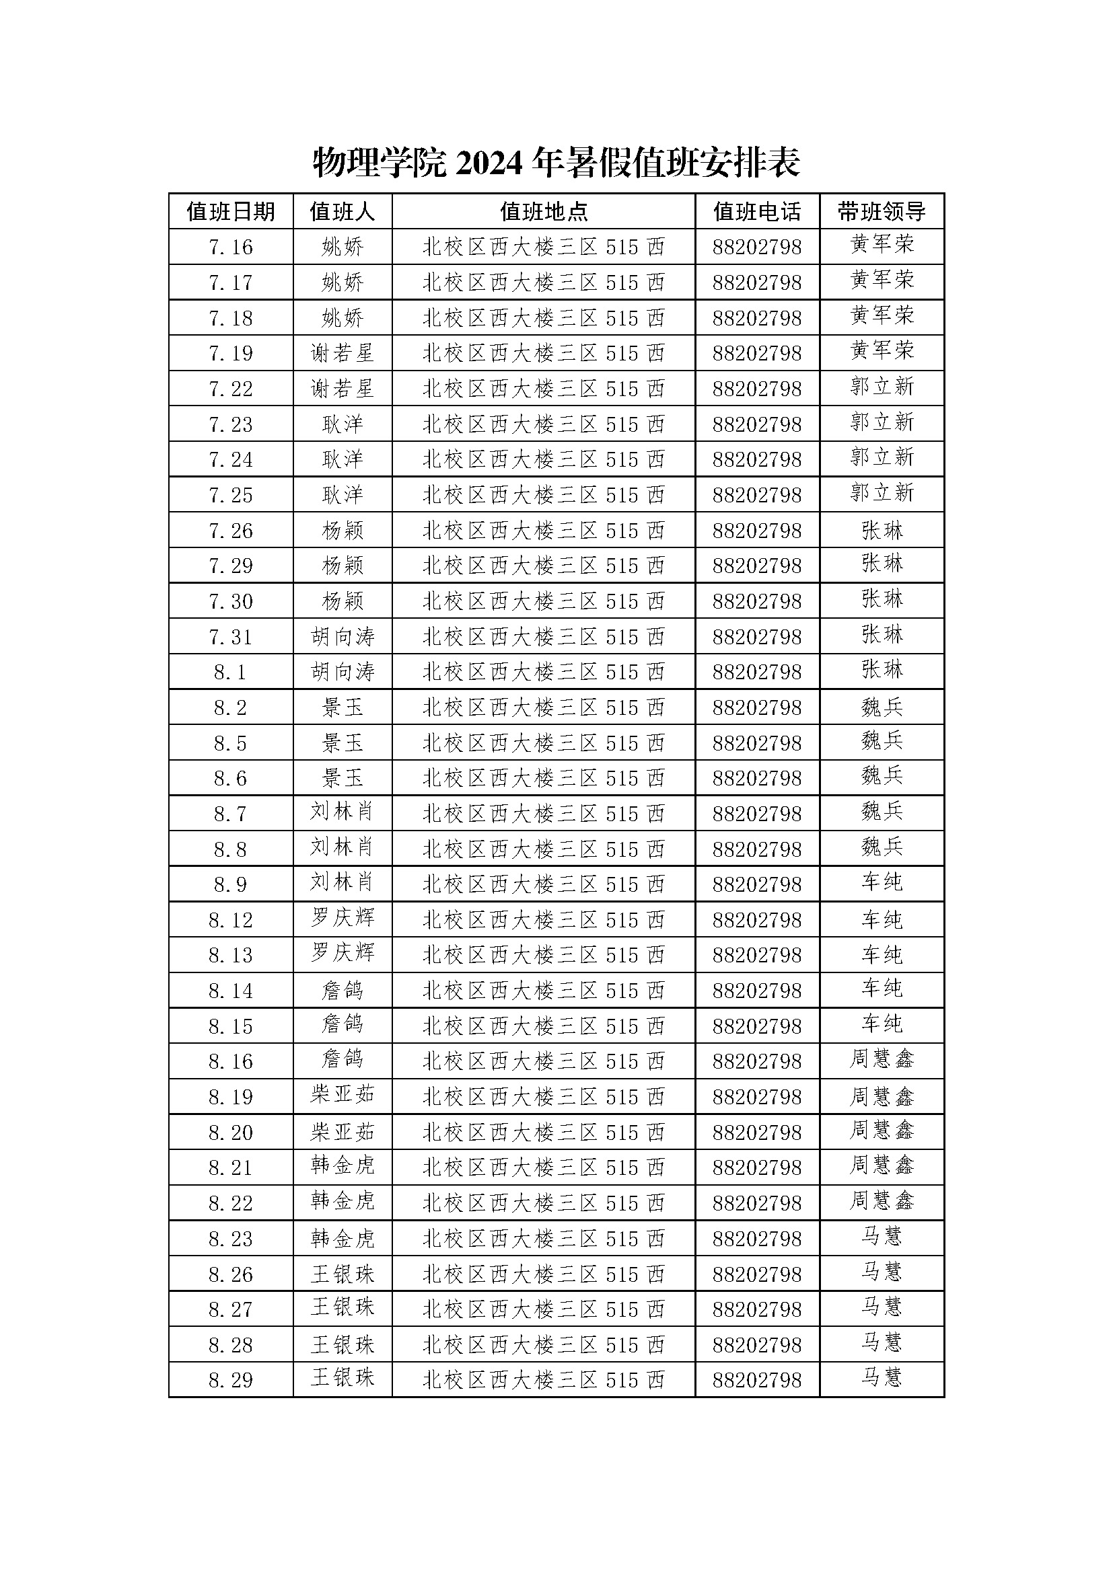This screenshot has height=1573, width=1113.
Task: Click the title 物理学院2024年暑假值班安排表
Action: coord(556,163)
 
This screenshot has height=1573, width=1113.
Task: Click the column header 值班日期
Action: coord(231,212)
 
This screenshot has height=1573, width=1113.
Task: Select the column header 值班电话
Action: coord(756,212)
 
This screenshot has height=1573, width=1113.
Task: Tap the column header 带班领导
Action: coord(882,212)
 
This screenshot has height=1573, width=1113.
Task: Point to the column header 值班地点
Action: coord(544,212)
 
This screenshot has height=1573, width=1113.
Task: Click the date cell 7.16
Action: coord(231,247)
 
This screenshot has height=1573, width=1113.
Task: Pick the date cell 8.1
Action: coord(231,673)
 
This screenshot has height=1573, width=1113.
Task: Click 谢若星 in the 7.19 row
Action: coord(342,354)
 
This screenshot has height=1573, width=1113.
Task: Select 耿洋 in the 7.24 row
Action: coord(342,460)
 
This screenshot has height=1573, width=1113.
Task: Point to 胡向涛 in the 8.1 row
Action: coord(342,673)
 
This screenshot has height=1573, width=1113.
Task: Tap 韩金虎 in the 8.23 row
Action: coord(342,1239)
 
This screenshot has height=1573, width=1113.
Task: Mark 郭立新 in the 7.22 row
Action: coord(882,387)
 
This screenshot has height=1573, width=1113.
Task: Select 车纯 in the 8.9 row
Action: coord(882,882)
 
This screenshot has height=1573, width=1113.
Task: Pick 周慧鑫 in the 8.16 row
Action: coord(882,1059)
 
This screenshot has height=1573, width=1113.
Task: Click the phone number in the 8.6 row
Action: coord(756,779)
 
